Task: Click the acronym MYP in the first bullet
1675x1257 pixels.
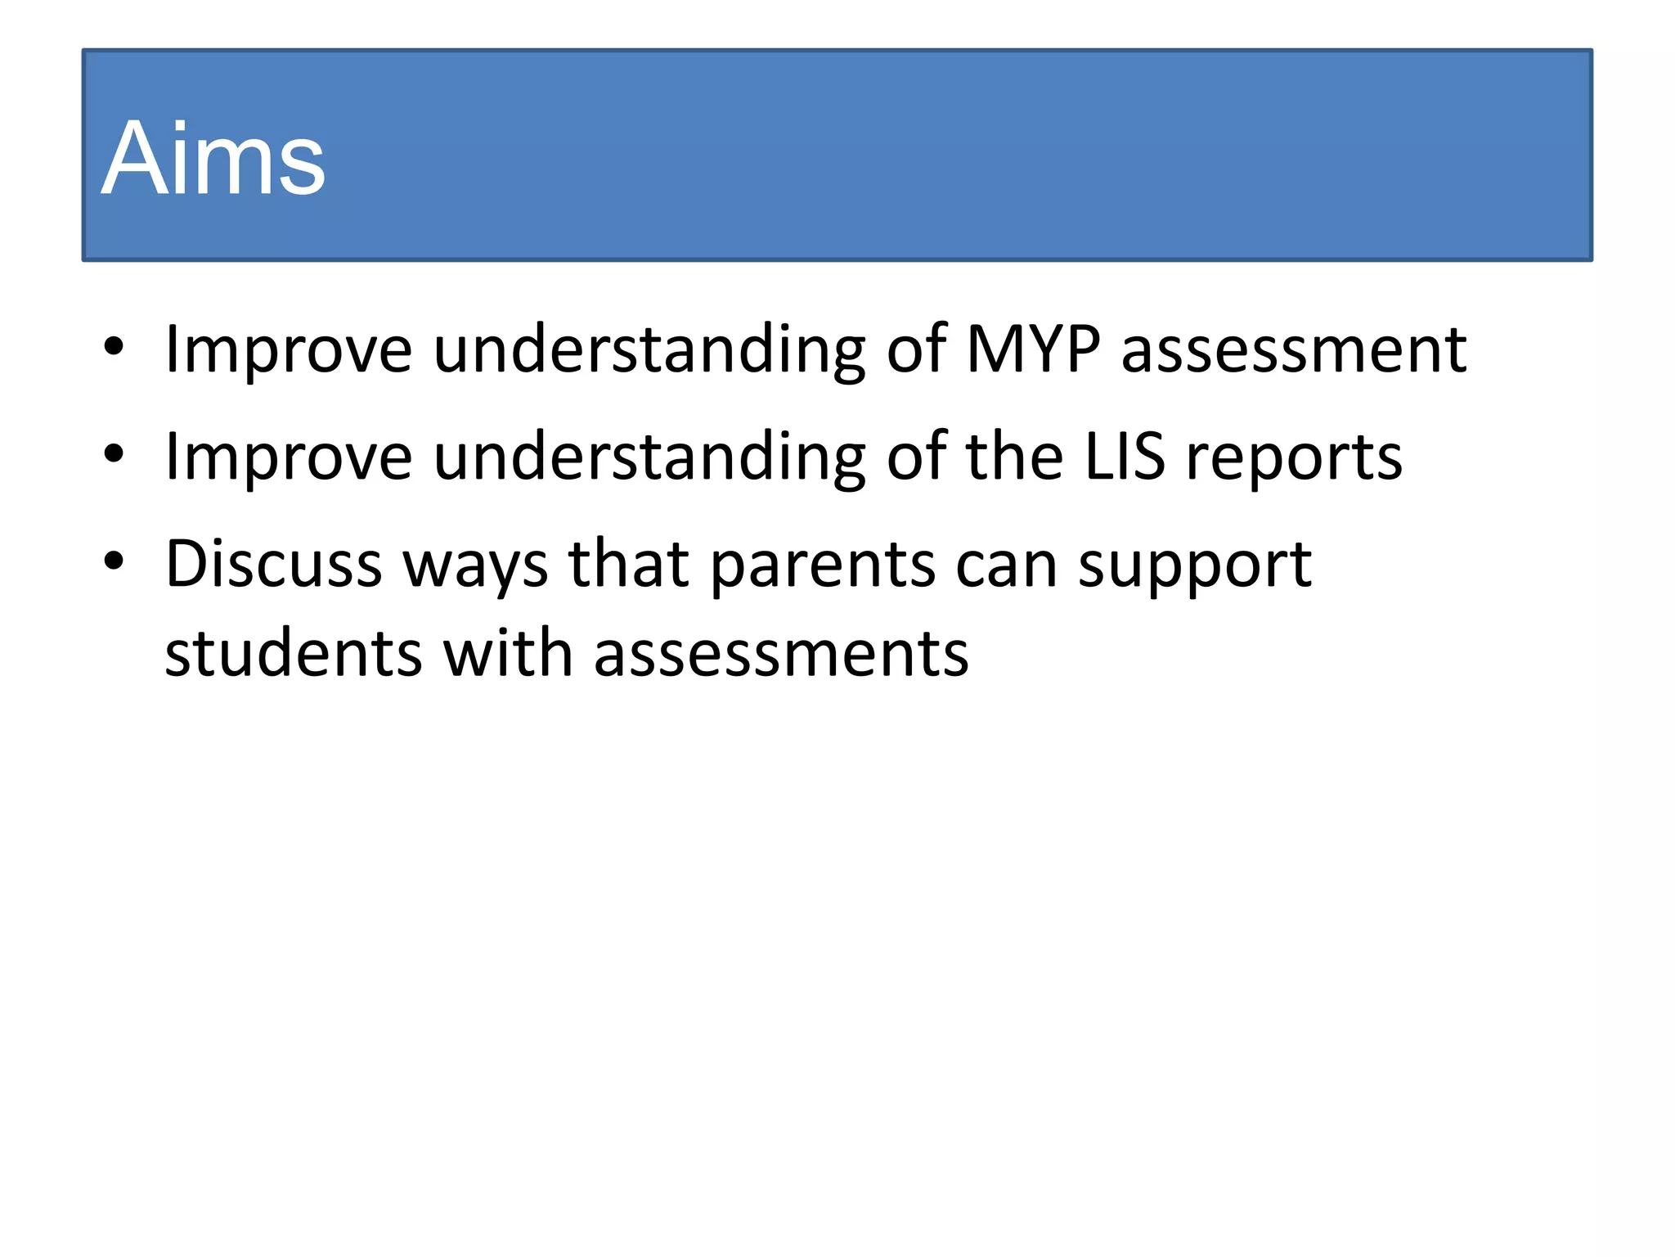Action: coord(1033,350)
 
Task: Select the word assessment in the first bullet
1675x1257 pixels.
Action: coord(1293,350)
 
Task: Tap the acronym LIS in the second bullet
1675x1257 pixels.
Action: coord(1124,457)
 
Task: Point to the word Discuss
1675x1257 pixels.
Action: coord(273,564)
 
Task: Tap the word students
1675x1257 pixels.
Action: coord(294,654)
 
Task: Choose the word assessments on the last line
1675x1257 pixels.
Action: coord(781,654)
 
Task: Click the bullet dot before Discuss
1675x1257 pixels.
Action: coord(114,561)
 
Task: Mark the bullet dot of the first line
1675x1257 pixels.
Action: coord(114,347)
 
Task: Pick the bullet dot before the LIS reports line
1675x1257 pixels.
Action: coord(114,454)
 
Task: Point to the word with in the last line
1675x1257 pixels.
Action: coord(507,654)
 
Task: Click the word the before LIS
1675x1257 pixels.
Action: coord(1014,457)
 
